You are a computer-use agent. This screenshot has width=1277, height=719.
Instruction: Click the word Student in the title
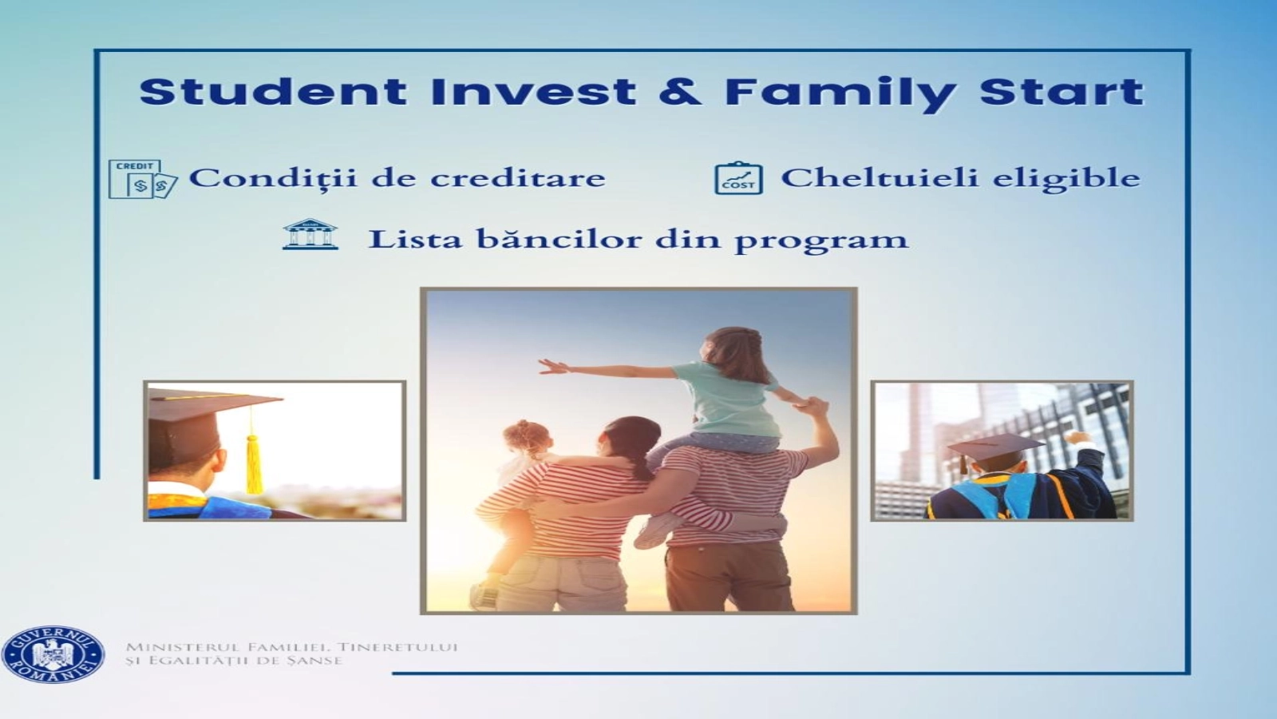[274, 92]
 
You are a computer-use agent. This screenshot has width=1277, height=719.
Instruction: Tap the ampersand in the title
[680, 92]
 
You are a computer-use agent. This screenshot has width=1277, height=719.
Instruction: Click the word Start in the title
[1062, 92]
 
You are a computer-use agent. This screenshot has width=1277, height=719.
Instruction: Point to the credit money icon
[143, 179]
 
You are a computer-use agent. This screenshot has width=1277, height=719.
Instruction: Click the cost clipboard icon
[738, 178]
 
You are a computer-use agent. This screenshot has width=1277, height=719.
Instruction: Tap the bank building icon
[310, 234]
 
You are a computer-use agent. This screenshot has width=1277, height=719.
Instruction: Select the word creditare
[518, 178]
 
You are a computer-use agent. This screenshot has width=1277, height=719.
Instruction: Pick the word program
[821, 240]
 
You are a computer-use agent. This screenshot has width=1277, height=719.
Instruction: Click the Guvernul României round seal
[53, 654]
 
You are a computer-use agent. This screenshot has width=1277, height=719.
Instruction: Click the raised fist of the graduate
[1077, 439]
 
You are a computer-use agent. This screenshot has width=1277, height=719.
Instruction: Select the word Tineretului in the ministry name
[398, 647]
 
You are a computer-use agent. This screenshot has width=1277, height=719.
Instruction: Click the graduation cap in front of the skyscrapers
[994, 447]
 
